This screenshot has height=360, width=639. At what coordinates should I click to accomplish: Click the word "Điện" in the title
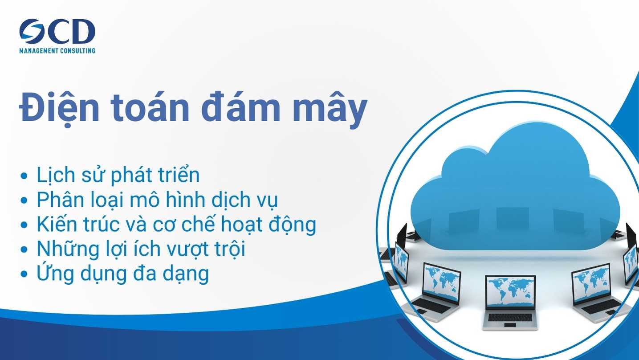click(59, 108)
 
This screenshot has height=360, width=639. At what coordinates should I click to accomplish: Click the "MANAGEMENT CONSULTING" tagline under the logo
click(57, 51)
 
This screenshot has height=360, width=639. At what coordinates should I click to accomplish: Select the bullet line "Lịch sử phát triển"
click(118, 175)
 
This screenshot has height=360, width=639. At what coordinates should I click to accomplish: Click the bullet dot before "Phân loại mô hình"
click(24, 200)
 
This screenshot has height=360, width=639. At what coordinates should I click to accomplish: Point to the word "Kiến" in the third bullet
click(57, 223)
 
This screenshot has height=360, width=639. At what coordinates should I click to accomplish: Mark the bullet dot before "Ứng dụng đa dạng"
click(24, 274)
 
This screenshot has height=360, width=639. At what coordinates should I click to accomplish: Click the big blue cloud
click(515, 188)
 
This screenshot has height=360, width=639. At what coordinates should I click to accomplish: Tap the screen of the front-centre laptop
click(510, 292)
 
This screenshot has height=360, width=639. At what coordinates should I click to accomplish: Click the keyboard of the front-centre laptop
click(510, 317)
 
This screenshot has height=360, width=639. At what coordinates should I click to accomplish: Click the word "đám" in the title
click(241, 107)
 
